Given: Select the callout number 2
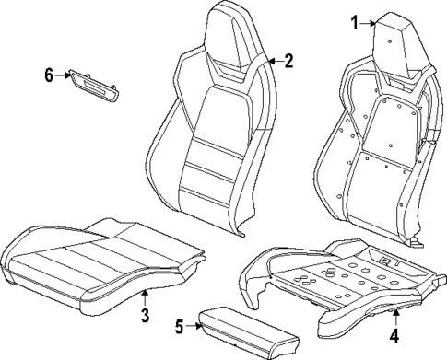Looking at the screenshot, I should pyautogui.click(x=288, y=62).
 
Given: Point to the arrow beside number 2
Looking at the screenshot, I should pyautogui.click(x=274, y=62).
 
